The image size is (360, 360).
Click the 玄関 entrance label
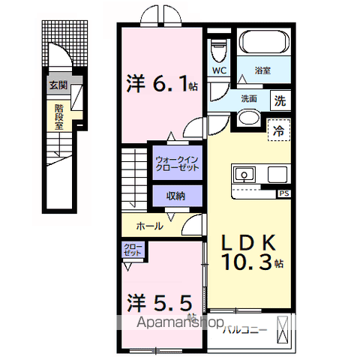[58, 85]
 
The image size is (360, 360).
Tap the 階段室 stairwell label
[58, 116]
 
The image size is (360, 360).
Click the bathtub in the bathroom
[263, 43]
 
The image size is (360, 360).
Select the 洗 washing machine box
[279, 98]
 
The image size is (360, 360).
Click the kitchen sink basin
[244, 175]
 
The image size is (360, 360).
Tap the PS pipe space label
[283, 193]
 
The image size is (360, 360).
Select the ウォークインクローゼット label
[177, 164]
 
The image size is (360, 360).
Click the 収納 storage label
[176, 196]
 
